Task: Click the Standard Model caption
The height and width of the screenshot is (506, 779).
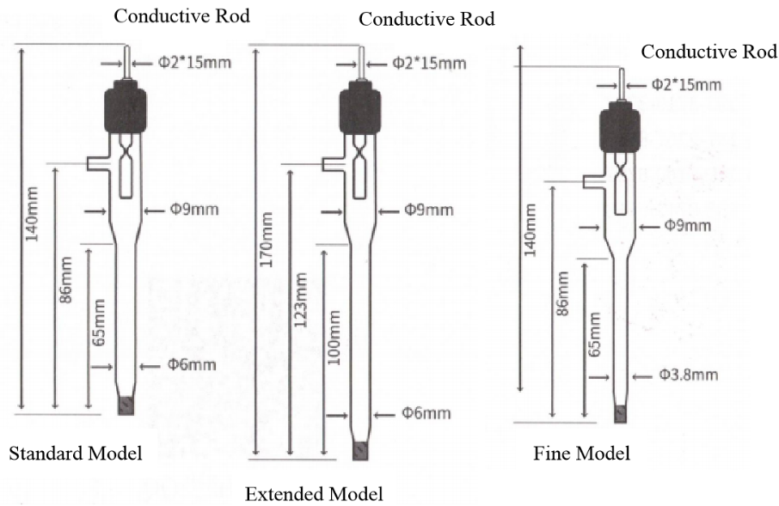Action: coord(75,453)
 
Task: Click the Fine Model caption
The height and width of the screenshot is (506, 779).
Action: coord(581,453)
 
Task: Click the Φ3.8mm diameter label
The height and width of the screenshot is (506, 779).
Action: coord(688,375)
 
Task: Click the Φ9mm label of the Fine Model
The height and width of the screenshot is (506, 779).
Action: coord(688,226)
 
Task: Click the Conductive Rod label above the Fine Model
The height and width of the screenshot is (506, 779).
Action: coord(708,52)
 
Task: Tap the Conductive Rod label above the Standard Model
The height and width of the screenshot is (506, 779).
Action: coord(181,16)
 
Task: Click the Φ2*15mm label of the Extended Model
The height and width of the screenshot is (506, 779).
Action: coord(429,63)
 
